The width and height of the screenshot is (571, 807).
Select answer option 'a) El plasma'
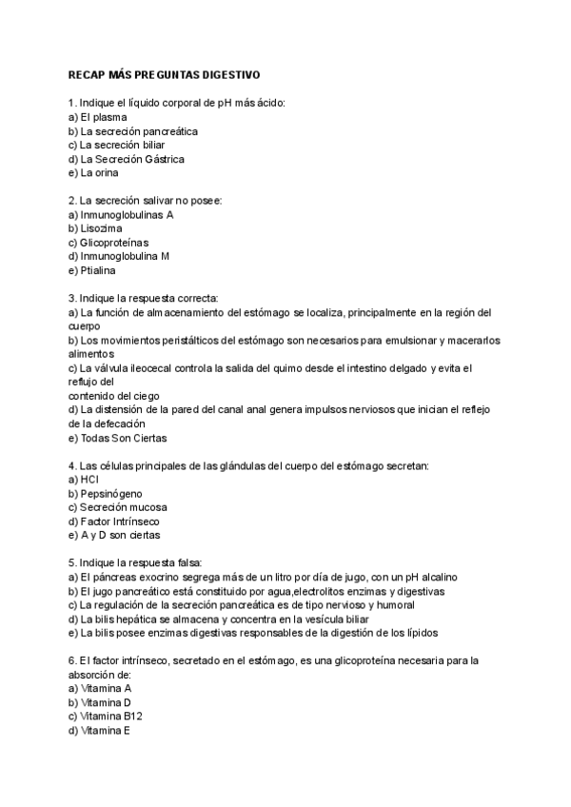[x=98, y=117]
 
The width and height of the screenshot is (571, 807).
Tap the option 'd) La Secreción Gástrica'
[x=127, y=159]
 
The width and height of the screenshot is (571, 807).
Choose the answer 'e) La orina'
[x=94, y=173]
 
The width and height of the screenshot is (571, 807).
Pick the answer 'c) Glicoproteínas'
[x=108, y=243]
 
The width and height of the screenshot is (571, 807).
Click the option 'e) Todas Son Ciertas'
[x=118, y=439]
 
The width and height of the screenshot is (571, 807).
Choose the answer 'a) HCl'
[x=85, y=481]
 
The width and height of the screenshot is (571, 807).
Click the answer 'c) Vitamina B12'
[x=107, y=716]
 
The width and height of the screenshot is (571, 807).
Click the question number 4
[x=72, y=466]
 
